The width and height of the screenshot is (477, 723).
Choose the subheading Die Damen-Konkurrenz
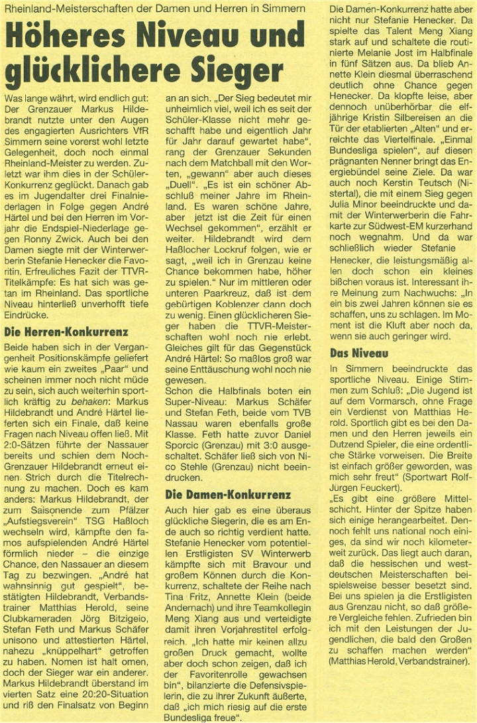228,494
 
